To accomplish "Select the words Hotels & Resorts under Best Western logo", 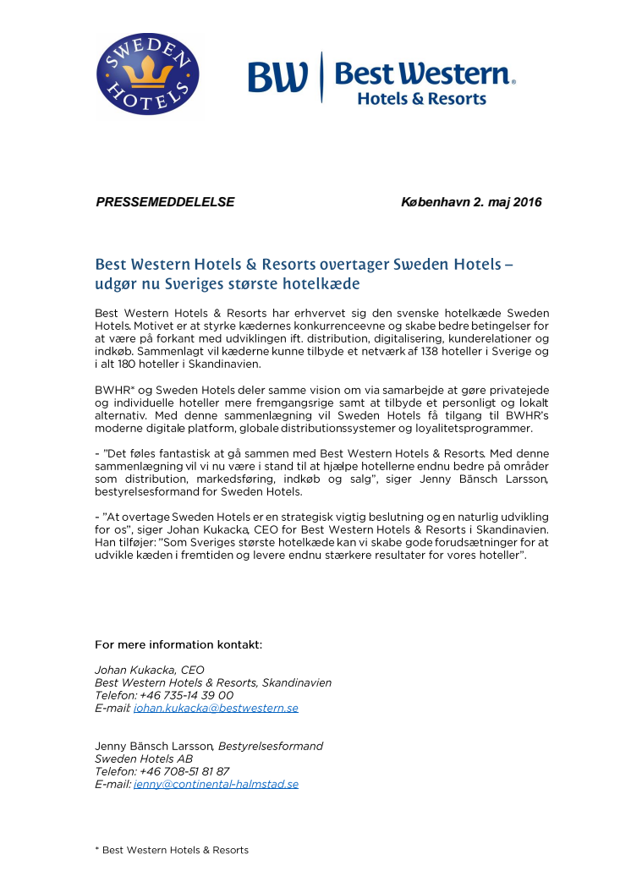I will (421, 99).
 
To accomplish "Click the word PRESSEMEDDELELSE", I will (165, 202).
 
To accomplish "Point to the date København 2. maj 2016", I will (470, 202).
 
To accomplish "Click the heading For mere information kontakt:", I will (178, 644).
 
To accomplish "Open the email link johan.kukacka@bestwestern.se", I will (216, 708).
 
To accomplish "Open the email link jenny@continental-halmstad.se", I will (216, 784).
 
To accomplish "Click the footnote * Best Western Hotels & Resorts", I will (172, 850).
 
